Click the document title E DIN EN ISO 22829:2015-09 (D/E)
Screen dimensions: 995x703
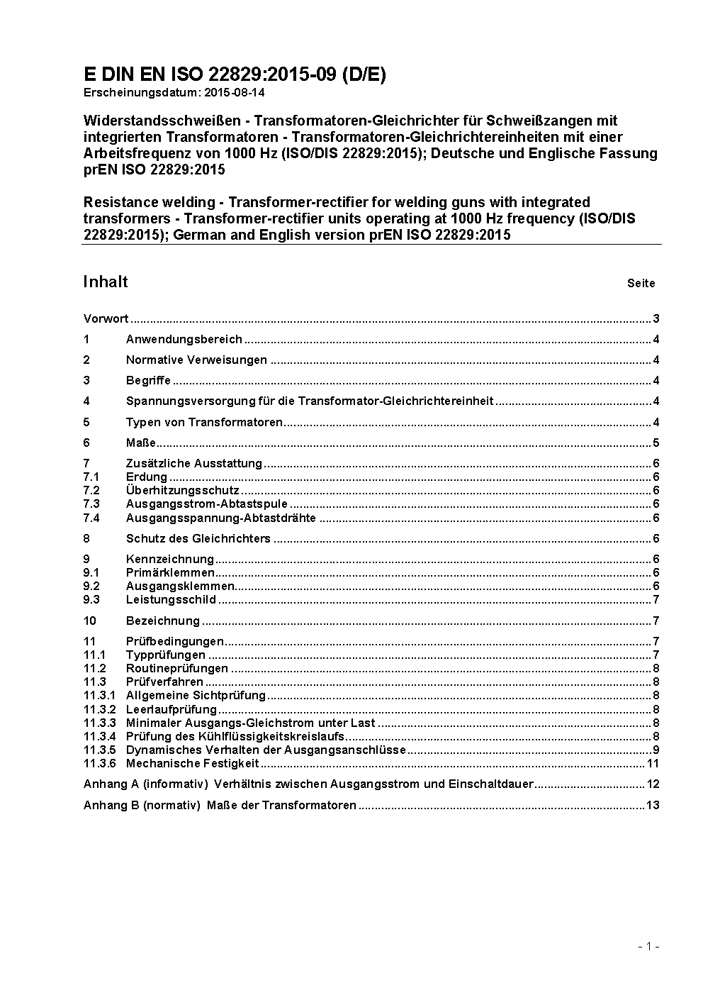pos(235,75)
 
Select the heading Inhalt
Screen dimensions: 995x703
pos(106,282)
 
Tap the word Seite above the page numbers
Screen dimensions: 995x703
pos(641,284)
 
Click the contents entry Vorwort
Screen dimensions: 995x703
pos(106,318)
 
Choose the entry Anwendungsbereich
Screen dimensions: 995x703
pos(184,340)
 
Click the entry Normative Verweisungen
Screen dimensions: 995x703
pos(196,360)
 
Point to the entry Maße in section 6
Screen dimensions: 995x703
pos(140,443)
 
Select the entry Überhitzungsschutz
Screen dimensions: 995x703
pos(182,491)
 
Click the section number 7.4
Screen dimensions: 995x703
pos(91,518)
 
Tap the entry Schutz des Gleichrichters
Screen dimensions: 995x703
pos(198,538)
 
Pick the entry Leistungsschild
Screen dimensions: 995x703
pos(171,600)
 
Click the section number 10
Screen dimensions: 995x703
pos(89,621)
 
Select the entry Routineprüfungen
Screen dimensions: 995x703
pos(176,668)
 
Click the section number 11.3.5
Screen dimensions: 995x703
pos(99,750)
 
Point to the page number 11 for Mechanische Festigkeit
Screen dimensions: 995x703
pos(653,764)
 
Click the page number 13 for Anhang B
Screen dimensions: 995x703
pos(653,806)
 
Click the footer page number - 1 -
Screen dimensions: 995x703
pos(648,946)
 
